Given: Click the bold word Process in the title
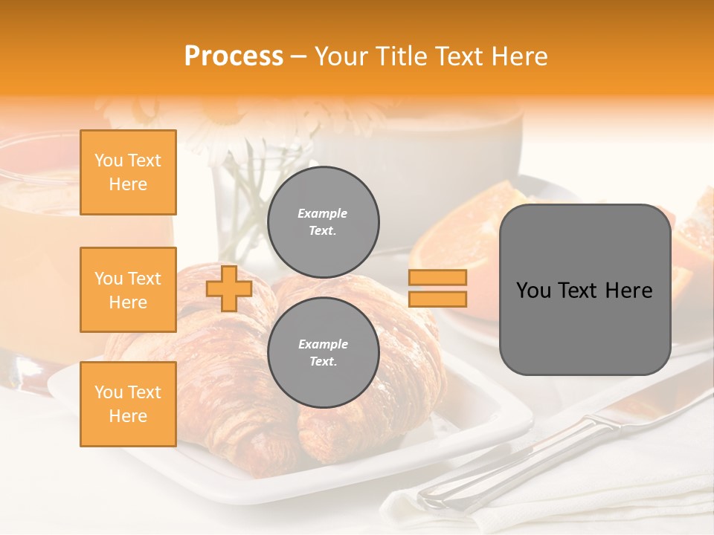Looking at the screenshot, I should click(234, 56).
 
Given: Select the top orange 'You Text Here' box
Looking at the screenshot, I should click(128, 172).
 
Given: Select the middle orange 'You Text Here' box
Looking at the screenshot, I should click(128, 290).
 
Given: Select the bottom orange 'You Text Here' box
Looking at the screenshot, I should click(128, 403).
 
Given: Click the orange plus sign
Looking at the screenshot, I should click(229, 288).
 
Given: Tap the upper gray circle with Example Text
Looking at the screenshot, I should click(324, 222).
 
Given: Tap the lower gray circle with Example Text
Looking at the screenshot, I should click(324, 353).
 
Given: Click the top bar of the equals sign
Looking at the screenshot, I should click(437, 278).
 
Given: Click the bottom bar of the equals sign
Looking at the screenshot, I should click(437, 299).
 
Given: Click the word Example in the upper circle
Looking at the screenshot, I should click(323, 213).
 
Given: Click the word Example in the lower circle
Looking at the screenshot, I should click(323, 344).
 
